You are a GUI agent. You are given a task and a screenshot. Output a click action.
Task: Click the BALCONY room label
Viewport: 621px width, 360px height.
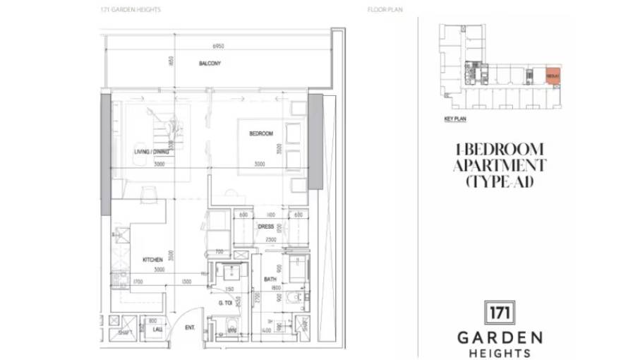click(210, 64)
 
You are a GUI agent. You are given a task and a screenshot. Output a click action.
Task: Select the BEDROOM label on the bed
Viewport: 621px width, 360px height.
click(261, 133)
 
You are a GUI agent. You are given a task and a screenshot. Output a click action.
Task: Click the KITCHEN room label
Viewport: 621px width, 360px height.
click(153, 260)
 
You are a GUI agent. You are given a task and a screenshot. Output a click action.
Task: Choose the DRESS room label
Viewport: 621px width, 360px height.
click(265, 227)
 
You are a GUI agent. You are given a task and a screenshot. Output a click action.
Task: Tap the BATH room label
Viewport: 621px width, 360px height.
click(271, 280)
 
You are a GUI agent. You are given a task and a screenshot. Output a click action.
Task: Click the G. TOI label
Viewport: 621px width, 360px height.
click(226, 303)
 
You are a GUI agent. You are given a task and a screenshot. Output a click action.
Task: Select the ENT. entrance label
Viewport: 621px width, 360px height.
click(190, 328)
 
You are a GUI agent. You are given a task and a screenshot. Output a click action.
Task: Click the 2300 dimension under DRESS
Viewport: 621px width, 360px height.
click(270, 240)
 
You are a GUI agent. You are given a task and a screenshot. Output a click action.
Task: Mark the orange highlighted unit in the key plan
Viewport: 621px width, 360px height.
click(553, 76)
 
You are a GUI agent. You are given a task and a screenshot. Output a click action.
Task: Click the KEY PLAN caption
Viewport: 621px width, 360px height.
click(455, 119)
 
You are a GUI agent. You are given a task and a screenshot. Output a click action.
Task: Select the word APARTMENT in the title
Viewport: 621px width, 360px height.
click(499, 166)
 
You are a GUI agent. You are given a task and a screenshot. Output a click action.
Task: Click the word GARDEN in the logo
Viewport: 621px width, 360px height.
click(500, 337)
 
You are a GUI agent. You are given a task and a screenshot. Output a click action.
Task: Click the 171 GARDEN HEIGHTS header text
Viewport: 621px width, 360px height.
click(131, 10)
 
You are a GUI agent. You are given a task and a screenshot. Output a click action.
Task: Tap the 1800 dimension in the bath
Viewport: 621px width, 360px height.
click(277, 287)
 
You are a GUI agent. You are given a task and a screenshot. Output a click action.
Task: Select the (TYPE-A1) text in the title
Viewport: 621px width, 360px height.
click(499, 182)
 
